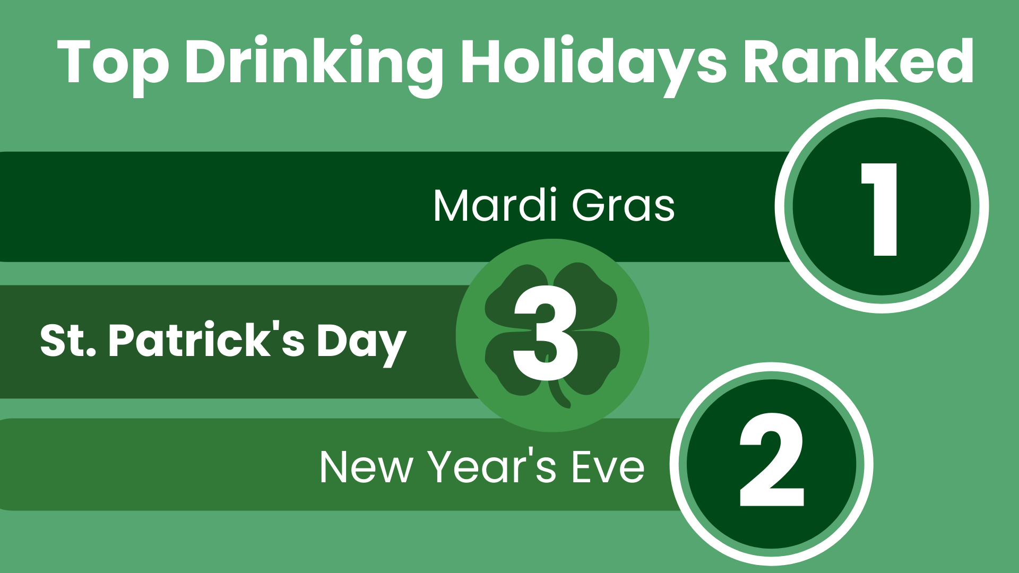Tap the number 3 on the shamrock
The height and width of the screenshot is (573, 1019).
546,335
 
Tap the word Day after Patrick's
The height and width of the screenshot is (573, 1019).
361,342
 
